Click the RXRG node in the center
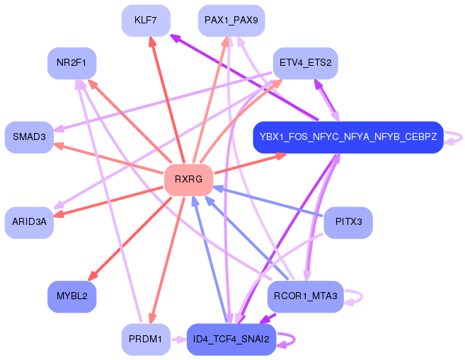click(x=188, y=180)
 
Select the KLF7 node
click(x=146, y=21)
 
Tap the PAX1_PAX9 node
click(x=231, y=21)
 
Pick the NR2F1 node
click(x=71, y=63)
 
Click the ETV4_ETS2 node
click(x=306, y=63)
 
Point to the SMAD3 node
click(x=29, y=137)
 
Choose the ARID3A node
click(x=29, y=222)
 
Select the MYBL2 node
click(x=71, y=296)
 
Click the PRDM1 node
click(x=146, y=339)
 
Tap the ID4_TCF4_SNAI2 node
click(x=231, y=339)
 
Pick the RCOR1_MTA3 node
click(x=306, y=296)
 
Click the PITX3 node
click(x=348, y=222)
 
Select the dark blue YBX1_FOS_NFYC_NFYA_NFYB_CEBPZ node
click(x=348, y=137)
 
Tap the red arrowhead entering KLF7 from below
click(x=152, y=42)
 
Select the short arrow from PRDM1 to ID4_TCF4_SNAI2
click(x=178, y=339)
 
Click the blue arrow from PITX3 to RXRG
click(x=268, y=201)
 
